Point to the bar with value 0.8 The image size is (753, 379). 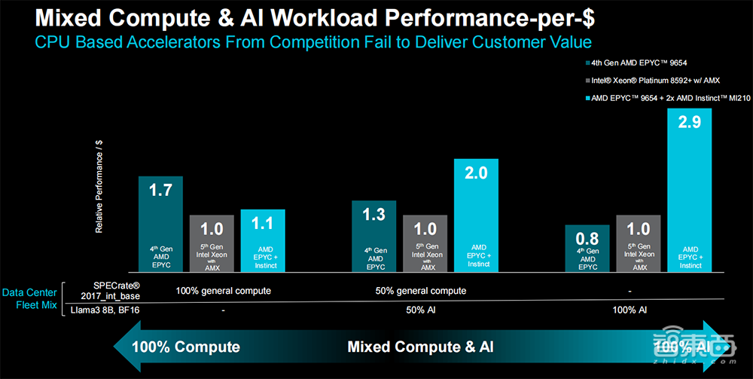tap(587, 248)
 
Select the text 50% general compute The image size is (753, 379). tap(420, 291)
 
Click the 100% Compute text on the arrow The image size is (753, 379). tap(186, 347)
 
